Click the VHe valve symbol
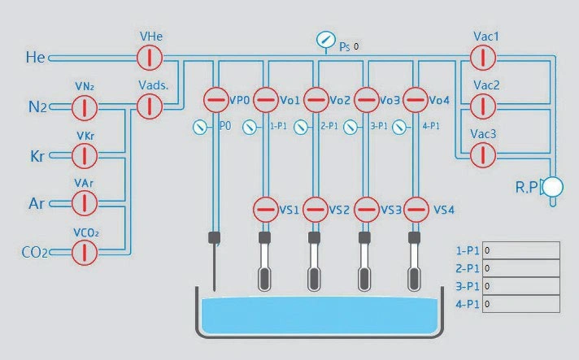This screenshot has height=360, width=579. (x=150, y=58)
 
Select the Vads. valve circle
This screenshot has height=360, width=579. (x=150, y=106)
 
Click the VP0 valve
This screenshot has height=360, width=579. (x=215, y=101)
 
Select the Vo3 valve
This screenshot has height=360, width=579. (x=366, y=101)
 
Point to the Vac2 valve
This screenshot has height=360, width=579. (x=483, y=106)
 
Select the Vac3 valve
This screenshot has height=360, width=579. (x=483, y=154)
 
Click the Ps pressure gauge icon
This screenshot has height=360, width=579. (x=325, y=41)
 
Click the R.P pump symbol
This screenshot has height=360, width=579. (x=553, y=187)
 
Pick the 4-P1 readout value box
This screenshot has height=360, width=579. (x=521, y=304)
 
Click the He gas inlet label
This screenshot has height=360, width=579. (x=36, y=58)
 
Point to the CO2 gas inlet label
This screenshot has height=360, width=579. (x=35, y=253)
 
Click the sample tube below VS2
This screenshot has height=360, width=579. (x=315, y=264)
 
